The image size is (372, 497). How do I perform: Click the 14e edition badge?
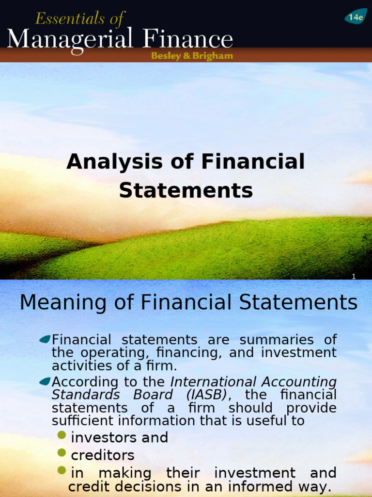pos(356,17)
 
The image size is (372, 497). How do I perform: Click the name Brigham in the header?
pos(212,56)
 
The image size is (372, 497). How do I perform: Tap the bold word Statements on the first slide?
pos(186,190)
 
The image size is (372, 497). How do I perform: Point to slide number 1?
pos(354,276)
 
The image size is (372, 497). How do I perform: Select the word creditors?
pos(103,455)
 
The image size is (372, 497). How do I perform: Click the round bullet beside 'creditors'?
pos(62,453)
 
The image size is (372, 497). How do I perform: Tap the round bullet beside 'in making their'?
pos(62,470)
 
